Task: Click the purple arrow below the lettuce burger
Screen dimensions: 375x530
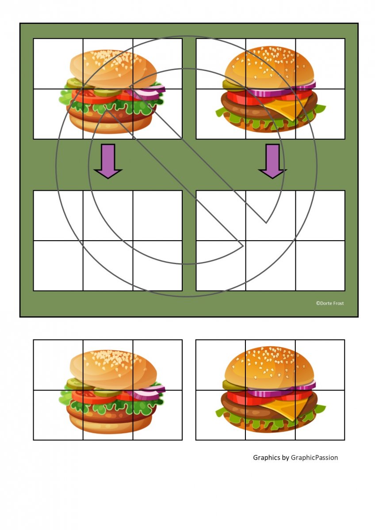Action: pyautogui.click(x=108, y=161)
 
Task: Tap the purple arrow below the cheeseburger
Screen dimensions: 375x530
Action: pyautogui.click(x=272, y=161)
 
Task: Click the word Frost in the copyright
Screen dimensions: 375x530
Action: pyautogui.click(x=337, y=303)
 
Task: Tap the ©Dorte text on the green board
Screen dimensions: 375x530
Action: pyautogui.click(x=323, y=303)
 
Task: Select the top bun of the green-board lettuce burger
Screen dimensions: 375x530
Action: pyautogui.click(x=113, y=68)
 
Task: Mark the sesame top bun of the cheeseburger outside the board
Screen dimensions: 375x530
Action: pyautogui.click(x=269, y=368)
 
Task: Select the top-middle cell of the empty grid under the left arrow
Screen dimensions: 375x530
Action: pyautogui.click(x=108, y=216)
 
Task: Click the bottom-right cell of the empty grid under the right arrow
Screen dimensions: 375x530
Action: pyautogui.click(x=320, y=265)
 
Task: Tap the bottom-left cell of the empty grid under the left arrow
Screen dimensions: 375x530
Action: pyautogui.click(x=58, y=265)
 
